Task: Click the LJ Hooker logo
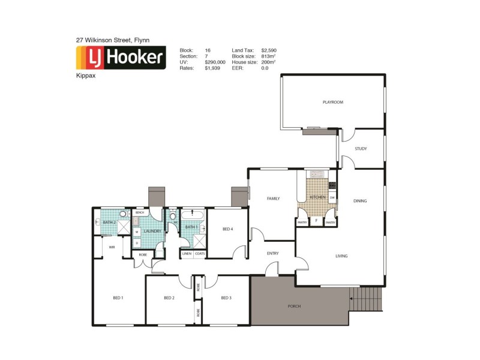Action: click(120, 58)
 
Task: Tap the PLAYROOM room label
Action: click(332, 103)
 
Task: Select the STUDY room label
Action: click(361, 149)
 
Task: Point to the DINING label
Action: click(360, 201)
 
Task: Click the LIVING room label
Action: click(341, 256)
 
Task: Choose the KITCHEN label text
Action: click(317, 197)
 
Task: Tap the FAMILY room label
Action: click(274, 198)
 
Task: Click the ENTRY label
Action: click(273, 253)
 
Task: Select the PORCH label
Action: click(294, 306)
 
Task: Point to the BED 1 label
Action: click(118, 298)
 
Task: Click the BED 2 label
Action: click(169, 298)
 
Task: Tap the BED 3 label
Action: click(226, 298)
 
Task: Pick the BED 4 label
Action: click(227, 229)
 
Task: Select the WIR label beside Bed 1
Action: click(112, 247)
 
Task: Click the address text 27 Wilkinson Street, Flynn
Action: click(112, 40)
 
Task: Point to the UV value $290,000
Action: click(215, 62)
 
